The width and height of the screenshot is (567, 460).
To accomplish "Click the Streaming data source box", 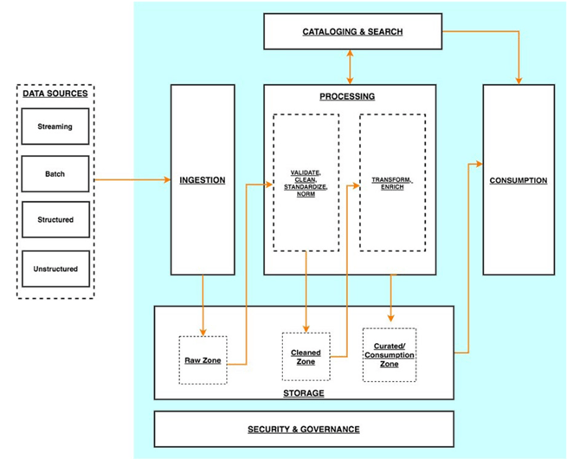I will [55, 126].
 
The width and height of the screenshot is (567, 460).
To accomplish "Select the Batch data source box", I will [55, 174].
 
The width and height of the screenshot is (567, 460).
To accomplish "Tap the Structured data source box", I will [55, 220].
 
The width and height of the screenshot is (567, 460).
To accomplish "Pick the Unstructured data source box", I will [55, 269].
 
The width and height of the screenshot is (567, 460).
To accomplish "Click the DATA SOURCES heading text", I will [55, 93].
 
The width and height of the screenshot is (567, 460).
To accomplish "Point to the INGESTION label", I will [202, 180].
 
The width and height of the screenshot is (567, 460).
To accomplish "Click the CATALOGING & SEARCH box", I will [352, 32].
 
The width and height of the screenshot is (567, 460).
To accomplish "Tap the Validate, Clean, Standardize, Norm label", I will [306, 183].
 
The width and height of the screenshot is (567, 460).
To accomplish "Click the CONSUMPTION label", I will [518, 180].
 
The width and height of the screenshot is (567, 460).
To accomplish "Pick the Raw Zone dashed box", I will [203, 360].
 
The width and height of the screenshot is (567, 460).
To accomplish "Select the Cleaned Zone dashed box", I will [306, 357].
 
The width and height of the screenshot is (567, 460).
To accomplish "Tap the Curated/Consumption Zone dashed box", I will [389, 355].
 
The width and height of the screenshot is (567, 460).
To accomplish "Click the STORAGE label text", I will [303, 393].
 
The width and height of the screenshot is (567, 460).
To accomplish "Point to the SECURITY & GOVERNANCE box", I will [303, 429].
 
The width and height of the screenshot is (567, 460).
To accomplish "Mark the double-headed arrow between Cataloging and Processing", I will [350, 66].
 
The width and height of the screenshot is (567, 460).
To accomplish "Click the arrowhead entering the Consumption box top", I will [518, 80].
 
